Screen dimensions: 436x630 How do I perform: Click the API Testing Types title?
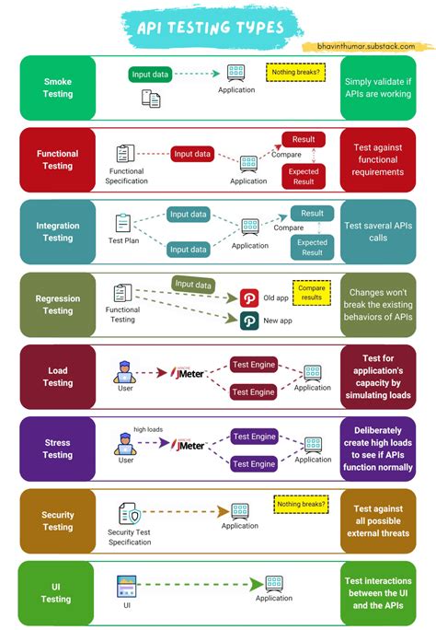point(210,28)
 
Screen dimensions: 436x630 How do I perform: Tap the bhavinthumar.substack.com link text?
point(366,46)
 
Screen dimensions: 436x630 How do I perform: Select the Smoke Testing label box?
point(58,87)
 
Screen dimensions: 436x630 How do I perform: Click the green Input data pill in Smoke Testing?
point(150,75)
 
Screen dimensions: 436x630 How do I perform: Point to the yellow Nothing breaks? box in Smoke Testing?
point(295,73)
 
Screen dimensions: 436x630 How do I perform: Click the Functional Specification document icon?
point(125,154)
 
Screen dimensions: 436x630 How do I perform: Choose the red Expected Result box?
point(304,177)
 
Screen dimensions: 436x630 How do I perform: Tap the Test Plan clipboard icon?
point(122,223)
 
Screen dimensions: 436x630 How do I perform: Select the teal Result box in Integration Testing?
point(312,214)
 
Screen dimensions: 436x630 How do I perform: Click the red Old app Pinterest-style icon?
point(249,298)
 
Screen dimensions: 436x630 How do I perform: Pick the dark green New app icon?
point(249,321)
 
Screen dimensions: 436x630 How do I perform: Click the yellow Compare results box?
point(312,293)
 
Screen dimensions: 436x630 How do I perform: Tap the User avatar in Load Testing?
point(125,372)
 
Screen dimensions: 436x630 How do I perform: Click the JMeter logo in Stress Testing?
point(188,445)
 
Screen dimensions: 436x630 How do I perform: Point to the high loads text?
point(148,429)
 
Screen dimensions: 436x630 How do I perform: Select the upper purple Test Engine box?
point(254,437)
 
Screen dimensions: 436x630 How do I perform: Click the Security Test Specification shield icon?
point(129,513)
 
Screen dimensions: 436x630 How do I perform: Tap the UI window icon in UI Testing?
point(126,586)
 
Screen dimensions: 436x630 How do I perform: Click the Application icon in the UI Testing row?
point(274,583)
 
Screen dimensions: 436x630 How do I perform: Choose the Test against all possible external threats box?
point(378,520)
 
